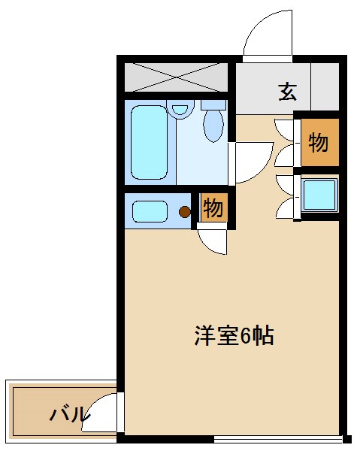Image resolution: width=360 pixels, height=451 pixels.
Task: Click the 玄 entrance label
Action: (287, 92)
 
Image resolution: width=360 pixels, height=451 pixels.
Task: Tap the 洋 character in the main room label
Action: (205, 335)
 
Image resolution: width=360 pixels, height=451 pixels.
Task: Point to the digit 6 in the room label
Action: (245, 335)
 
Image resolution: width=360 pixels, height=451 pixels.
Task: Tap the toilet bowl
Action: (214, 125)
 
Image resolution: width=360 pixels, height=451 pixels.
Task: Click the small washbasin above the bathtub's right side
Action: (179, 109)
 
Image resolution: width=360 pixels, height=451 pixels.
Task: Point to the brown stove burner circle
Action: (185, 212)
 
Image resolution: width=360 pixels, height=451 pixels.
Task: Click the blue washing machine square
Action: (319, 195)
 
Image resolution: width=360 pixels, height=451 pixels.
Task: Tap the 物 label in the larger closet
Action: (319, 142)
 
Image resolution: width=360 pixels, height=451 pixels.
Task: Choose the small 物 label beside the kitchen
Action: (213, 208)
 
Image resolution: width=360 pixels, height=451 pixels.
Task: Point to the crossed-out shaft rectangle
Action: (176, 77)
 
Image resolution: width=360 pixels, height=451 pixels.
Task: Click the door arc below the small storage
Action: (213, 241)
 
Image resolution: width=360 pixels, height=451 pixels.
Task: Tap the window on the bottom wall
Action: (278, 437)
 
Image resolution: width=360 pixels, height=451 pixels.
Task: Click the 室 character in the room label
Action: (225, 335)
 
